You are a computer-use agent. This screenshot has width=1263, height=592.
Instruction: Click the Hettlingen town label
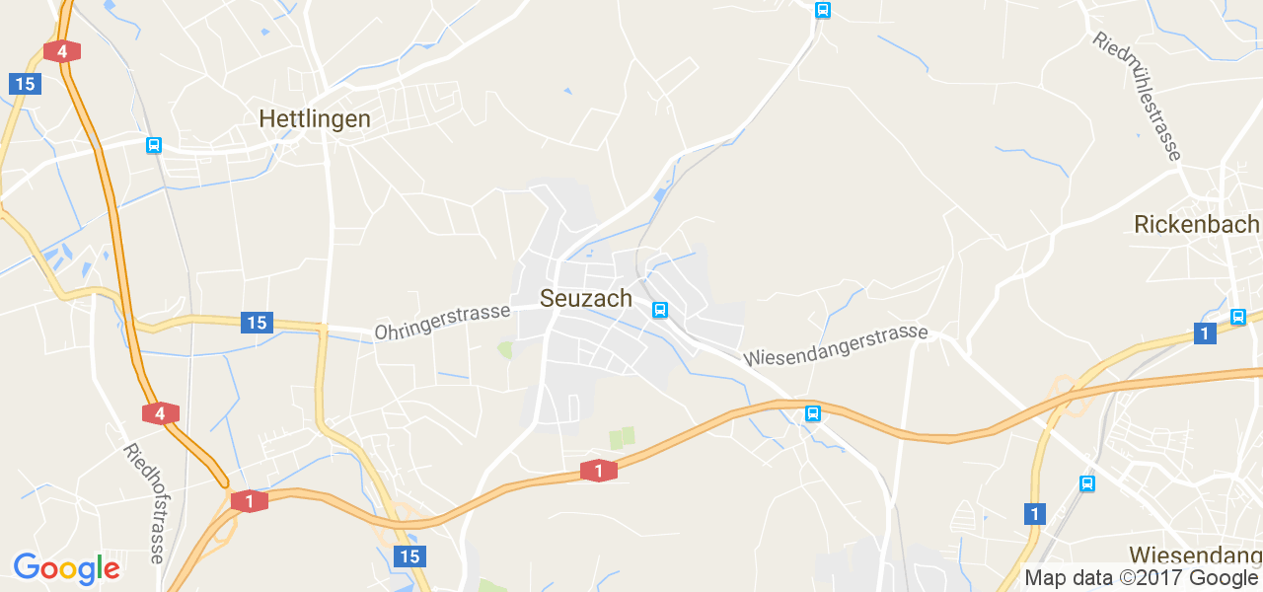(315, 119)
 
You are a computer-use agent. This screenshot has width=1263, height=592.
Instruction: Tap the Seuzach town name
(586, 298)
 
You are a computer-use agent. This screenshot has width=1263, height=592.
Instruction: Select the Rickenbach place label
(1196, 224)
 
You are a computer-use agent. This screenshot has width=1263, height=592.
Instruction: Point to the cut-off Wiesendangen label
(1195, 554)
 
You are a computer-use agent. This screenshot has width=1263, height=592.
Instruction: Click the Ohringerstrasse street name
(442, 322)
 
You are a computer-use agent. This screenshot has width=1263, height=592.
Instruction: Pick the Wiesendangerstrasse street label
(836, 343)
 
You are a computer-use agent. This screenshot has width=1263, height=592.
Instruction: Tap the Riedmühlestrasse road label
(1137, 96)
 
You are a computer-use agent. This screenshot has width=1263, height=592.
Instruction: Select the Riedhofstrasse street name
(144, 503)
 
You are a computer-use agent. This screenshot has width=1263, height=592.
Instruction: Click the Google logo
(66, 568)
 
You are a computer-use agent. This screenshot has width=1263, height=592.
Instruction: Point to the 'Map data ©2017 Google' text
(1141, 578)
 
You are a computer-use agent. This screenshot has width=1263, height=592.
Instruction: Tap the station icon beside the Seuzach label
(660, 310)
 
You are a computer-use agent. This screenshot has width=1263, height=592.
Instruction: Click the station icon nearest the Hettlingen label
(153, 145)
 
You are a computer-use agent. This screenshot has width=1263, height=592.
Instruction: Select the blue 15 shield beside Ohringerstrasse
(257, 322)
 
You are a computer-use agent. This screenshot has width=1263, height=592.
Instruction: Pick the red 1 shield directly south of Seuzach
(599, 471)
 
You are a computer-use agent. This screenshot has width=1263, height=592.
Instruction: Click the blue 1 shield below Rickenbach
(1204, 333)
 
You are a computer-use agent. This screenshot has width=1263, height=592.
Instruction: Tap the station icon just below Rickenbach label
(1238, 317)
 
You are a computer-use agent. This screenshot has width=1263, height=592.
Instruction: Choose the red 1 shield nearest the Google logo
(250, 501)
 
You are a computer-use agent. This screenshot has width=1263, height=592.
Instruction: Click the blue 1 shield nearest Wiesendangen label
(1034, 514)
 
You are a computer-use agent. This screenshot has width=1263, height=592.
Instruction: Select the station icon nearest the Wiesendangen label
(1086, 483)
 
